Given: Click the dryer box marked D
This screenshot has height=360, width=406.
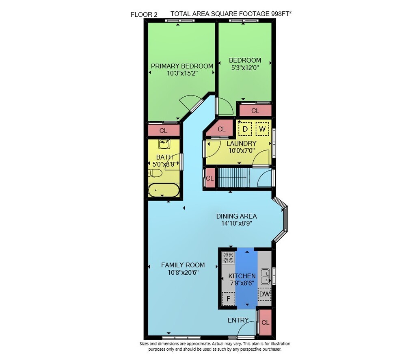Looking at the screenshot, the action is pyautogui.click(x=245, y=129).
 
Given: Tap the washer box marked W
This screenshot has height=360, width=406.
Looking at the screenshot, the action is pyautogui.click(x=262, y=129).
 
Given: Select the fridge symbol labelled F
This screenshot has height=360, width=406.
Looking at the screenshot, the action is pyautogui.click(x=228, y=299).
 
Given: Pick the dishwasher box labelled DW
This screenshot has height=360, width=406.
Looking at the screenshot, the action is pyautogui.click(x=264, y=294).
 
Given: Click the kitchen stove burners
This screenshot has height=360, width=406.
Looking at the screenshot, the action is pyautogui.click(x=228, y=257).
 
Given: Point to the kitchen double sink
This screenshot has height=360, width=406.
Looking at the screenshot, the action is pyautogui.click(x=265, y=276).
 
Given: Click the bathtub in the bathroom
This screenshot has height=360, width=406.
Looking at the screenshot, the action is pyautogui.click(x=163, y=191).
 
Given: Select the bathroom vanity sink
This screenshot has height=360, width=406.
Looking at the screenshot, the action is pyautogui.click(x=164, y=144).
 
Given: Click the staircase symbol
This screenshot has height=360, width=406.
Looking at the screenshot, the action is pyautogui.click(x=232, y=178).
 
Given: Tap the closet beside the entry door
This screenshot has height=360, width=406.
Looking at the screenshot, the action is pyautogui.click(x=266, y=323).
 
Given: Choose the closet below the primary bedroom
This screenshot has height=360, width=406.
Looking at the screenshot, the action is pyautogui.click(x=163, y=130).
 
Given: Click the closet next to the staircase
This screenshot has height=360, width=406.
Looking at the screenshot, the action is pyautogui.click(x=210, y=178).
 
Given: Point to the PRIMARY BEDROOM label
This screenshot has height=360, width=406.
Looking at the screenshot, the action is pyautogui.click(x=182, y=66).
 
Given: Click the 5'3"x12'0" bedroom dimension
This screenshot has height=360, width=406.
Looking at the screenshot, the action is pyautogui.click(x=245, y=67).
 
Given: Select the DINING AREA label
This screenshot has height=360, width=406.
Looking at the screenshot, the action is pyautogui.click(x=236, y=216).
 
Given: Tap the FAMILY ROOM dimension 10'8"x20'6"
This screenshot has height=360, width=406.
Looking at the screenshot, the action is pyautogui.click(x=183, y=272).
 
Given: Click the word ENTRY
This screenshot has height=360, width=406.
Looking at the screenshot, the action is pyautogui.click(x=238, y=320).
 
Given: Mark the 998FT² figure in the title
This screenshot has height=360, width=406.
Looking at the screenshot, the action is pyautogui.click(x=281, y=14).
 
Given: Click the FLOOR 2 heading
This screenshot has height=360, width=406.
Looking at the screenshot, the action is pyautogui.click(x=144, y=15).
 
